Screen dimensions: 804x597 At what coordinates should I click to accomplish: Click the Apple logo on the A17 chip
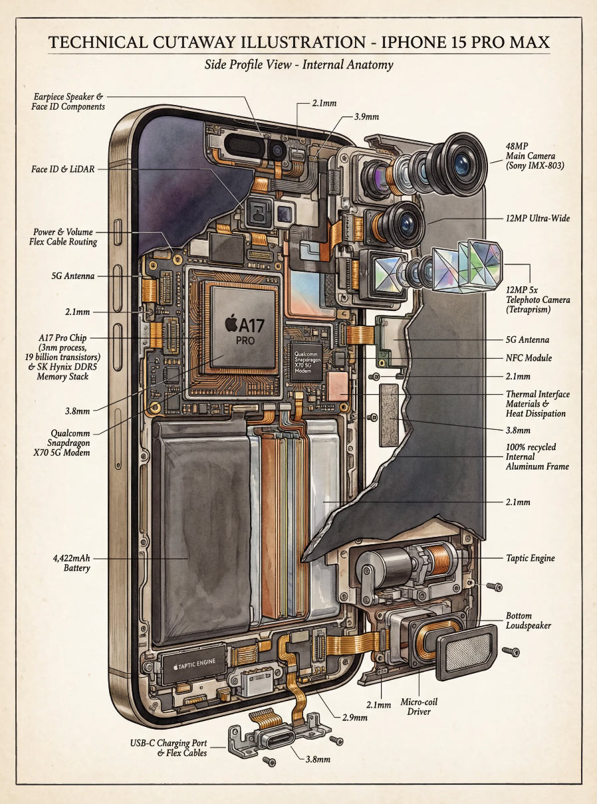tap(231, 324)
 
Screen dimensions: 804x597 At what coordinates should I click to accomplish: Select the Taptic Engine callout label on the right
tap(530, 559)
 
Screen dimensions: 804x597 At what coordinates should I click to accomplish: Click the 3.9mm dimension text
tap(366, 117)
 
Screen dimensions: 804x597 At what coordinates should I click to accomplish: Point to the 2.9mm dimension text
tap(354, 718)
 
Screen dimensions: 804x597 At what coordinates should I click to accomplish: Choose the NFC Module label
tap(529, 358)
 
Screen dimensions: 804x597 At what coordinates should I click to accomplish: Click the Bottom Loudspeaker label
tap(528, 621)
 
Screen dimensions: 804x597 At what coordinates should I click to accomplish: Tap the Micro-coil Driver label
tap(419, 706)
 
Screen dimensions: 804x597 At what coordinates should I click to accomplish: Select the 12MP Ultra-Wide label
tap(537, 218)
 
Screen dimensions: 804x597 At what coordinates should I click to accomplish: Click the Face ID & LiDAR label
tap(62, 169)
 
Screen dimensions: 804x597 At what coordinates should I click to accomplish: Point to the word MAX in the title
tap(528, 43)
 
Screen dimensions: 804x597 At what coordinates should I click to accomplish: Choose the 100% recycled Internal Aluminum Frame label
tap(537, 456)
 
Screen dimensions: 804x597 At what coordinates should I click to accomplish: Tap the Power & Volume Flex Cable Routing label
tap(64, 237)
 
